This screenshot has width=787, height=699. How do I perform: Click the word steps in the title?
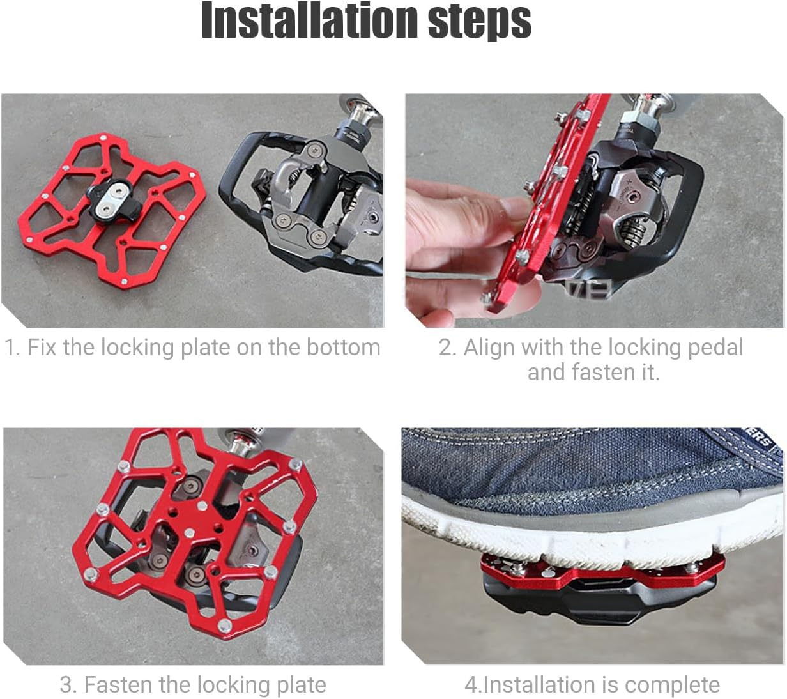[479, 22]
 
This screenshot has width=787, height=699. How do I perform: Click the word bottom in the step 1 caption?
[343, 347]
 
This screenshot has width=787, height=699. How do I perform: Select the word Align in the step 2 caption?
[489, 348]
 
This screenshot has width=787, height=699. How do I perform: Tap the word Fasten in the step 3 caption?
[118, 684]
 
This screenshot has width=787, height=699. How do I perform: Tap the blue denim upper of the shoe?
[563, 466]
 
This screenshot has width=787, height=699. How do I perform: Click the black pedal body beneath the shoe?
[598, 601]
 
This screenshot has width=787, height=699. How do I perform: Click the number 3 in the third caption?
[68, 684]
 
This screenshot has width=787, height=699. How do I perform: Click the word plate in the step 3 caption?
[301, 685]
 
